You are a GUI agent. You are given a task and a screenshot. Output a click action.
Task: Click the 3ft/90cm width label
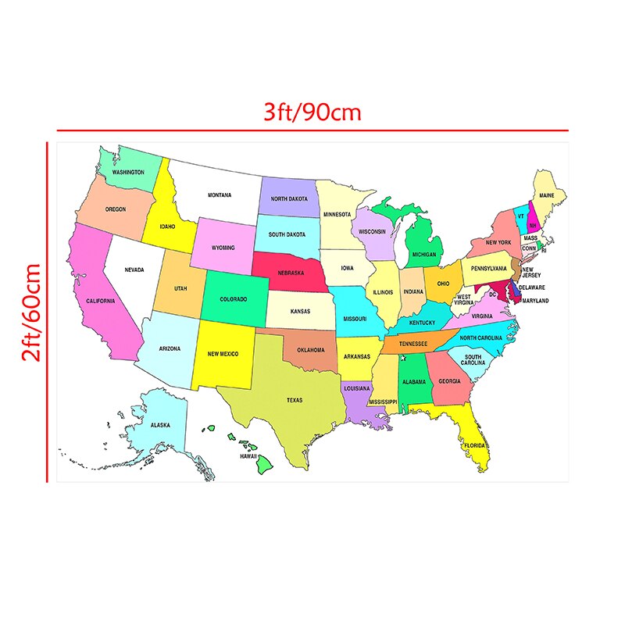point(312,112)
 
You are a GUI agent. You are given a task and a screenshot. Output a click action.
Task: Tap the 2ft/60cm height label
point(31,312)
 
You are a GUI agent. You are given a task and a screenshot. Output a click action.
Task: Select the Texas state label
point(294,400)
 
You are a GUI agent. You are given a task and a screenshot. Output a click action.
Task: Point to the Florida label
point(474,445)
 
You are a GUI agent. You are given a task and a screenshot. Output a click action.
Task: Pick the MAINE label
point(548,196)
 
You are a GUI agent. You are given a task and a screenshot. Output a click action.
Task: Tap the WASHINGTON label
point(128,172)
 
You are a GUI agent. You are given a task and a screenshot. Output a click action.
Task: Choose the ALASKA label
point(160,425)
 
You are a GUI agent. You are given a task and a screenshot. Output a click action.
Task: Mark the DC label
point(494,295)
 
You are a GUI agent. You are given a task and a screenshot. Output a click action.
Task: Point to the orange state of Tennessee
point(413,344)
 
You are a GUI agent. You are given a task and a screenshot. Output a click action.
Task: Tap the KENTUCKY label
point(422,322)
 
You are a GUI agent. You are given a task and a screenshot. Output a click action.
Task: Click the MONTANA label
point(220,195)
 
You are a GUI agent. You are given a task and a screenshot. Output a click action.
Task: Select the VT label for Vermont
point(520,216)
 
